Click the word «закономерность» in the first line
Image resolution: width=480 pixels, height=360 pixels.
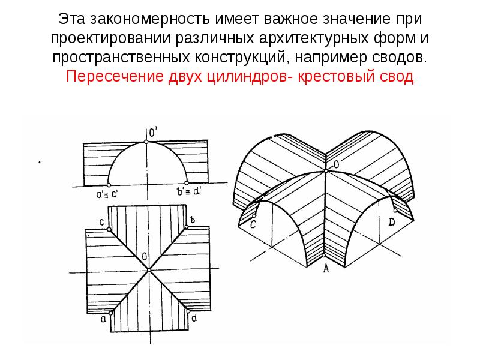tap(150, 19)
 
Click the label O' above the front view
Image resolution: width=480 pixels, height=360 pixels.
tap(153, 133)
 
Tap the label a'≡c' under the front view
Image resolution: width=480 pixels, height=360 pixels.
tap(107, 194)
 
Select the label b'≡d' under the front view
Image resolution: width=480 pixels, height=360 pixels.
tap(189, 192)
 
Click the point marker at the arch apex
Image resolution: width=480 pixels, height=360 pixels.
tap(146, 142)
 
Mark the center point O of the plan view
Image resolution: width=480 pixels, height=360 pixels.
tap(149, 270)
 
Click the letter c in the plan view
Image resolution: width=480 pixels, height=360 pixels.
tap(102, 223)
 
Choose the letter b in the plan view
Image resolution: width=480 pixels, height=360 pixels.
tap(192, 220)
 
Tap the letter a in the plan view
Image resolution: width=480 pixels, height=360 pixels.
tap(103, 319)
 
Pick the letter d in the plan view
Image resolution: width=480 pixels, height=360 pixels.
tap(194, 319)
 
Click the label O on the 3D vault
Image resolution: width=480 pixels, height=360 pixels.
tap(336, 164)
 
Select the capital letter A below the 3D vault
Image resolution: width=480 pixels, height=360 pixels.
tap(326, 268)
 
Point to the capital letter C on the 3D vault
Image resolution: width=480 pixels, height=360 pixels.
tap(253, 224)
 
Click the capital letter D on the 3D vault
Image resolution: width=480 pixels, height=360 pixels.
tap(392, 222)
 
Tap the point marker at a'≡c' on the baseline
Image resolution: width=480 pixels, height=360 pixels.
tap(109, 185)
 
